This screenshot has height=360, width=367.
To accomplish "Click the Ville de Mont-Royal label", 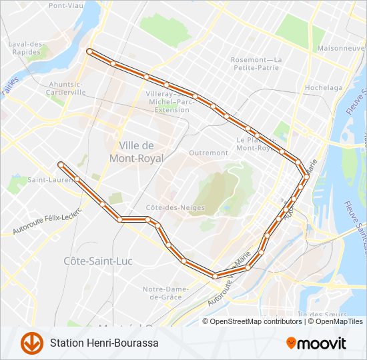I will (136, 152).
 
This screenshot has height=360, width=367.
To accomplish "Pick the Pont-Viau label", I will (65, 5).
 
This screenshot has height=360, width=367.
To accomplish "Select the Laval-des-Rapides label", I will (26, 48).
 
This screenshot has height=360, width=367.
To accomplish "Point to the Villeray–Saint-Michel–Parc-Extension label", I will (172, 102).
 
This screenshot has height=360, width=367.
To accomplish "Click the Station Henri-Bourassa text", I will (104, 343).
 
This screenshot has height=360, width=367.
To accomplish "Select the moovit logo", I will (316, 343).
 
